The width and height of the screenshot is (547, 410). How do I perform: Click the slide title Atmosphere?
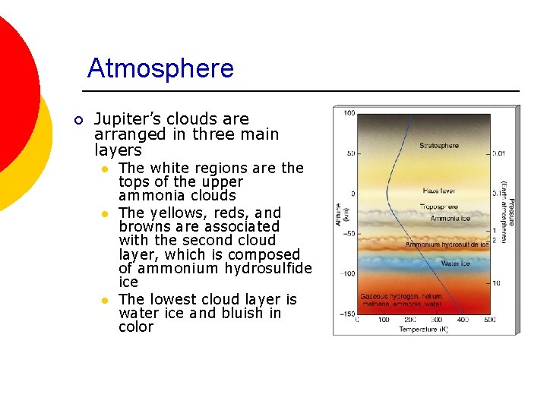(160, 68)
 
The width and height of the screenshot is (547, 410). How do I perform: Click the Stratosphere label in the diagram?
(439, 145)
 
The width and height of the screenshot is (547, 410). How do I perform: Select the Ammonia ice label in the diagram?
(451, 219)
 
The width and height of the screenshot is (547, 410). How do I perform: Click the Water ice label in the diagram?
(455, 263)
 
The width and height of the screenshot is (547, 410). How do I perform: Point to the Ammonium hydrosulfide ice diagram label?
(447, 245)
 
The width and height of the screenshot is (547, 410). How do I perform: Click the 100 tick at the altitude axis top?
(349, 113)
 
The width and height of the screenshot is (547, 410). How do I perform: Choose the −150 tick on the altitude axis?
(346, 313)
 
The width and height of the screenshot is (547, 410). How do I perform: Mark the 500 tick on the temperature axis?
(489, 320)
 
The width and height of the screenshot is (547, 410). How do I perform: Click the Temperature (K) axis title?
(423, 329)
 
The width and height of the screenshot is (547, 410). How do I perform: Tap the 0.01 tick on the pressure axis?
(498, 153)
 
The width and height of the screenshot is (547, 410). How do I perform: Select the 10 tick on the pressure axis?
(496, 282)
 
